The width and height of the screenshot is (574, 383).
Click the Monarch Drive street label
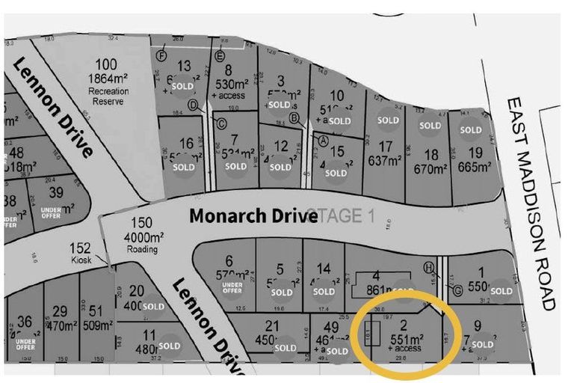[x=243, y=216]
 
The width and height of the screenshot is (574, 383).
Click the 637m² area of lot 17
[x=385, y=160]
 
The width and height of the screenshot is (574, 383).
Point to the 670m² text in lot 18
[x=430, y=169]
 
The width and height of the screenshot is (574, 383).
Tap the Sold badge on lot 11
[x=168, y=347]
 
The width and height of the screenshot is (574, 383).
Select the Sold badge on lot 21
[x=286, y=348]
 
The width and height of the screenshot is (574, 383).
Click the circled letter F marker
[x=160, y=55]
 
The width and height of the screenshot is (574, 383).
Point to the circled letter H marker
[x=429, y=267]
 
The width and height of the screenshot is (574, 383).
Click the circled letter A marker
[x=323, y=140]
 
